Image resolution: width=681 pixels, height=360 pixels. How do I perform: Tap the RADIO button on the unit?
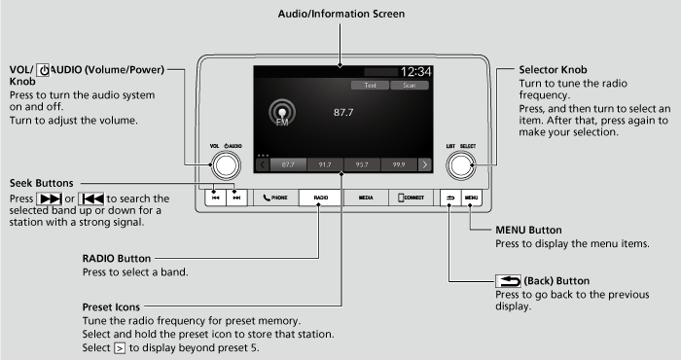(x=319, y=197)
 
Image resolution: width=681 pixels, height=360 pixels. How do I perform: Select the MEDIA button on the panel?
(x=365, y=197)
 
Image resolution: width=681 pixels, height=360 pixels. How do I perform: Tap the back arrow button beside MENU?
(x=450, y=197)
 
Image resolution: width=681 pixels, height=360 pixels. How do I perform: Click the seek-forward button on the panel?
(x=235, y=197)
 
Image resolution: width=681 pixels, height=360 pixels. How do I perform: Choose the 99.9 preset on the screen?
(x=398, y=164)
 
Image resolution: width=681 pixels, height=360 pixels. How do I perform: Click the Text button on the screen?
(x=370, y=86)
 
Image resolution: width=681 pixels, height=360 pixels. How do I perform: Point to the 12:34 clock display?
(x=415, y=72)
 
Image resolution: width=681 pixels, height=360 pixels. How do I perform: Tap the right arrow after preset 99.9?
(x=425, y=164)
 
